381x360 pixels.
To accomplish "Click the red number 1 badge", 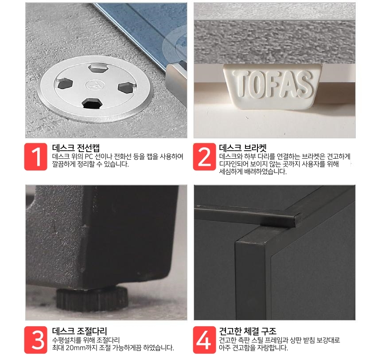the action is (35, 157).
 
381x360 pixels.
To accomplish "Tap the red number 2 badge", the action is (205, 157).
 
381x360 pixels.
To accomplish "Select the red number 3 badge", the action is (35, 340).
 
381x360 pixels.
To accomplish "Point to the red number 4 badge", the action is (205, 340).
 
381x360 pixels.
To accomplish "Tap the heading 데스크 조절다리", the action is (79, 331).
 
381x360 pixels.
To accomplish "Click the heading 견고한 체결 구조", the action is (248, 331).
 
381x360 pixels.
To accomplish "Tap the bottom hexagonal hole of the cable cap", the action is (91, 103).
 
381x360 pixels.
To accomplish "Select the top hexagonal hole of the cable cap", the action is (97, 68).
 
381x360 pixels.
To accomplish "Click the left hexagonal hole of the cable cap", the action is (65, 83).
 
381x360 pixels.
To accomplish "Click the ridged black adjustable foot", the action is (92, 298).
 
